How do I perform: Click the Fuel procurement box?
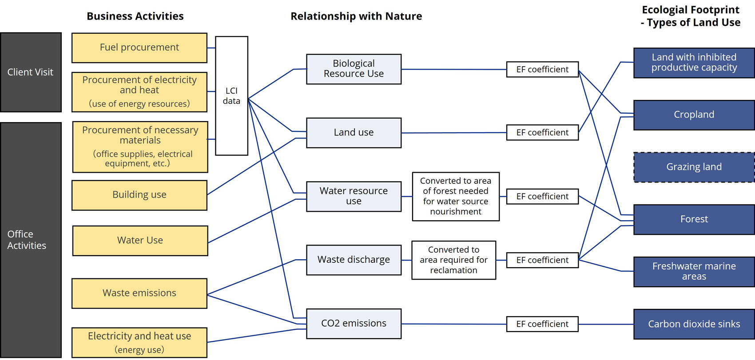click(x=139, y=47)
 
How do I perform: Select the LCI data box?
click(x=231, y=96)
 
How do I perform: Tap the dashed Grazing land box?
click(x=694, y=167)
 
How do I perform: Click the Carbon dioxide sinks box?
click(x=694, y=324)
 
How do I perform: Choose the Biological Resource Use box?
click(x=354, y=69)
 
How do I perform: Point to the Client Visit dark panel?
click(x=30, y=72)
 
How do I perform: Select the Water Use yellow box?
click(x=140, y=241)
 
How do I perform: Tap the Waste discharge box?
click(x=354, y=260)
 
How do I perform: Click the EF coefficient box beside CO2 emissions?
click(x=542, y=324)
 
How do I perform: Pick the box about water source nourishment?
click(x=456, y=196)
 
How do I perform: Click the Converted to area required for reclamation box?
click(x=453, y=260)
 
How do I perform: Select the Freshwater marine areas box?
click(x=694, y=271)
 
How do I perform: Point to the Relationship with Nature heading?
click(x=356, y=16)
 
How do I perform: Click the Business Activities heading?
click(x=135, y=16)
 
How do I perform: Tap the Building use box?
click(x=139, y=195)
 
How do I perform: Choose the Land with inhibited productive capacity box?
click(x=694, y=63)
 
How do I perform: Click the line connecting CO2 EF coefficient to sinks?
click(x=606, y=324)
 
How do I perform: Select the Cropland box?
click(x=694, y=115)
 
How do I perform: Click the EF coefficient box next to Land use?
click(x=542, y=132)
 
